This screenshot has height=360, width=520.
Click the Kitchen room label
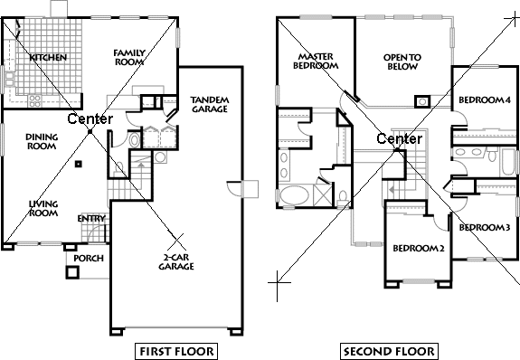click(47, 58)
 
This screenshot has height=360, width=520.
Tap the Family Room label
click(130, 59)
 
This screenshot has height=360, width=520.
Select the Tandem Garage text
click(209, 104)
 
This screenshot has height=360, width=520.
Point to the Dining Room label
click(42, 143)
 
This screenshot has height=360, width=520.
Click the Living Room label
click(43, 210)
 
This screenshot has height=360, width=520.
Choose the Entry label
click(90, 218)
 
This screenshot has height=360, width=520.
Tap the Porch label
click(88, 258)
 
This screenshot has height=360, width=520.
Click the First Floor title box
click(176, 350)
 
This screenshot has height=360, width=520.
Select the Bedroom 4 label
click(484, 99)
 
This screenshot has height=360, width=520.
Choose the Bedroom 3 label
click(484, 227)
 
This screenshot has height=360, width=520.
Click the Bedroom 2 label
click(418, 248)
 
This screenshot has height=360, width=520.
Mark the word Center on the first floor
click(90, 119)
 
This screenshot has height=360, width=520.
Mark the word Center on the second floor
click(399, 138)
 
